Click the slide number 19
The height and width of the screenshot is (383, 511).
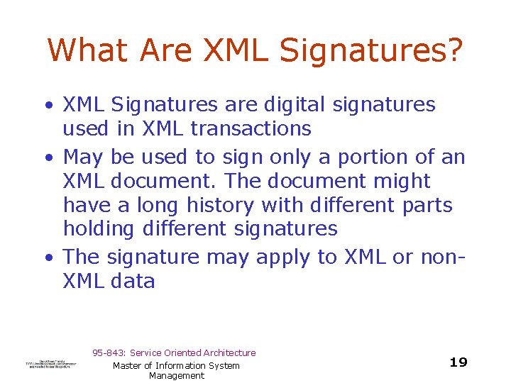(x=458, y=362)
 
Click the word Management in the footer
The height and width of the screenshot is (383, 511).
(x=177, y=376)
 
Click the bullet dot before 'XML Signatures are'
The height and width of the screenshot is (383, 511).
(x=49, y=106)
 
